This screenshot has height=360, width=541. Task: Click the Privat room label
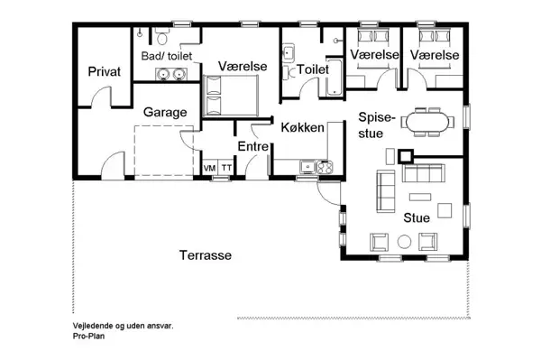point(104,71)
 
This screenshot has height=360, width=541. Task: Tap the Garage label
point(165,112)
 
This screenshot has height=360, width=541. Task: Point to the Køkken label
point(302,127)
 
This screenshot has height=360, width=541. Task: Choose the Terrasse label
point(205,255)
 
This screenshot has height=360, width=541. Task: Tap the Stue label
point(416,217)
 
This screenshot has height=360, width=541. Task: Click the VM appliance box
point(209,169)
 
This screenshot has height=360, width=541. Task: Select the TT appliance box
point(227,169)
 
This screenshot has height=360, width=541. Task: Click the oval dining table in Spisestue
point(428,120)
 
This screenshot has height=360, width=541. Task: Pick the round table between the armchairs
point(403,241)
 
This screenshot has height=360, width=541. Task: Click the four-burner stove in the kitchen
point(324,166)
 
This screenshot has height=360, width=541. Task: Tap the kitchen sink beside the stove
point(306,166)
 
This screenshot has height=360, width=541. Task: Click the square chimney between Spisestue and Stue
point(405,155)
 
